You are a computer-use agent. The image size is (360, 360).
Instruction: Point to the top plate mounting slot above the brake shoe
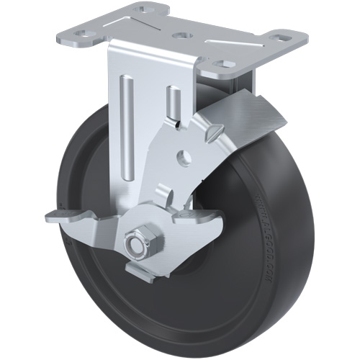click(x=228, y=65)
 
